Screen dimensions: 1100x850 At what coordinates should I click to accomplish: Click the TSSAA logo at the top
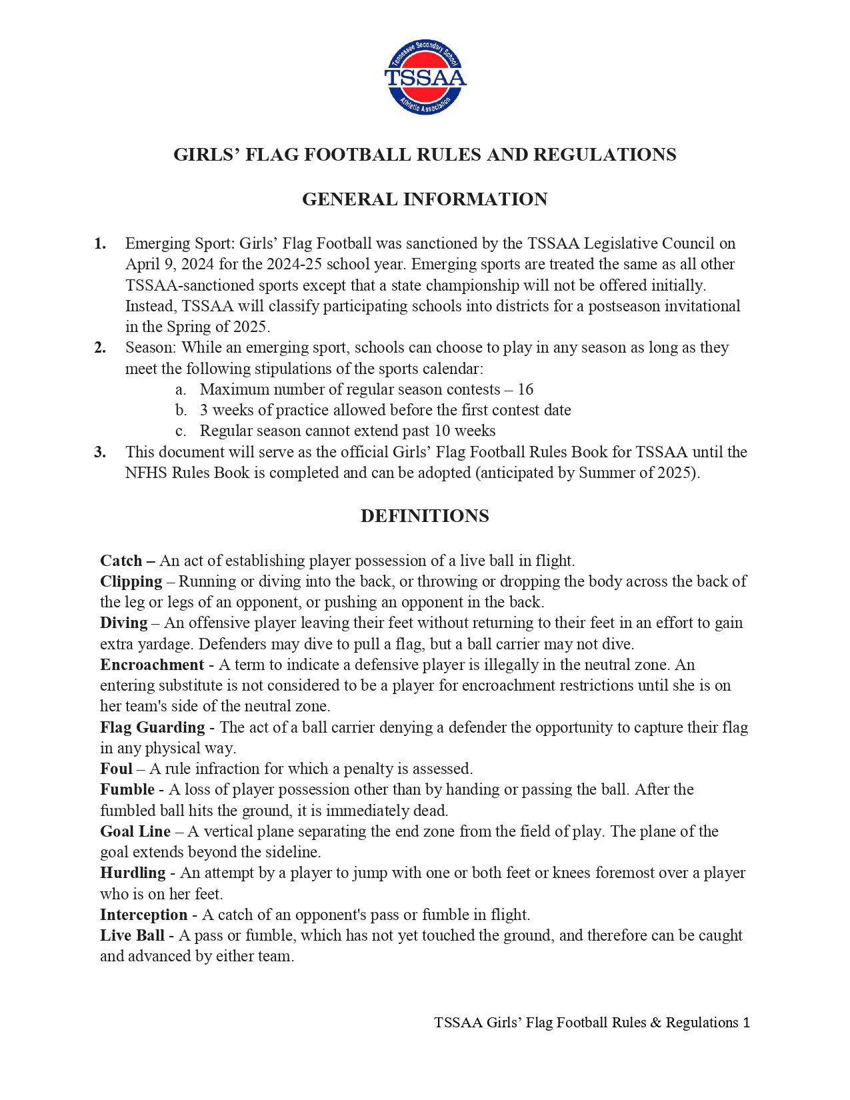point(425,77)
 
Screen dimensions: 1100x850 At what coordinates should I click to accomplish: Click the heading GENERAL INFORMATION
point(425,199)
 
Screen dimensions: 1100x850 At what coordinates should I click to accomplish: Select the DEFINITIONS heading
point(425,516)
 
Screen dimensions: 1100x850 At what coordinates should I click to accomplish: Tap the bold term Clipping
point(131,581)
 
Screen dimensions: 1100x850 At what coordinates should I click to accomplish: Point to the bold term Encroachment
point(152,665)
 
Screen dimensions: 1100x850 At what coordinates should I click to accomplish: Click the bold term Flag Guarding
point(152,727)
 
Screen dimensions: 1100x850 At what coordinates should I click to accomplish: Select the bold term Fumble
point(127,789)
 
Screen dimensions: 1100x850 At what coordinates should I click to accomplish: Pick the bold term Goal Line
point(135,831)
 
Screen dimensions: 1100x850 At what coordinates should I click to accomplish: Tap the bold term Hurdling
point(133,873)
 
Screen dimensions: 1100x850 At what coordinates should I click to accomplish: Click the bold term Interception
point(143,915)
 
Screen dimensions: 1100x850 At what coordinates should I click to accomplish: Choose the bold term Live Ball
point(132,935)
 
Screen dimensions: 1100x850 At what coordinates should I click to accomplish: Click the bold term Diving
point(123,623)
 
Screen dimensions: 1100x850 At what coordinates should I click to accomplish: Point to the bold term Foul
point(116,769)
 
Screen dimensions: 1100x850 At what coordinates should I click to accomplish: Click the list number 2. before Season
point(100,347)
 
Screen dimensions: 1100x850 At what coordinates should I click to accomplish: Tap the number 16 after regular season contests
point(525,389)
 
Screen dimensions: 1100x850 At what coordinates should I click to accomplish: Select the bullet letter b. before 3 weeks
point(181,410)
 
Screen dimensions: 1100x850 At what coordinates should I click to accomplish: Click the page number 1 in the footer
point(746,1023)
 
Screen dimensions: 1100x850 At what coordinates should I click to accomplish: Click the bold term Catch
point(121,561)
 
